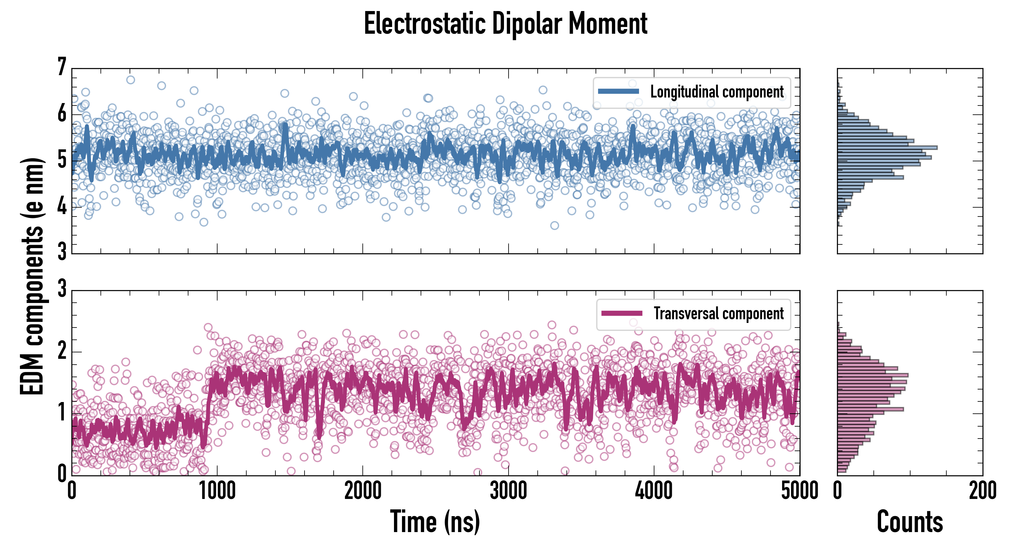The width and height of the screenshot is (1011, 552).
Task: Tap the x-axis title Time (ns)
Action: [435, 522]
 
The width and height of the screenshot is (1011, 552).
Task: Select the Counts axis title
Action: [910, 522]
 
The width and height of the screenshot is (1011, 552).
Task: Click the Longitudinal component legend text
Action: [717, 92]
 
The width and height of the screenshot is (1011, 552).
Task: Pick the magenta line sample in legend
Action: [622, 313]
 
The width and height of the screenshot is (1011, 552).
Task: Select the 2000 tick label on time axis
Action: [363, 491]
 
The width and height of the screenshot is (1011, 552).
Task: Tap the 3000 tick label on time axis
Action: [509, 491]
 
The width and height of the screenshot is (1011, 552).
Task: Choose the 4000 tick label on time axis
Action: [654, 491]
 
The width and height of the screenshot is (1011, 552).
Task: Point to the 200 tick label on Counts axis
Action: [982, 491]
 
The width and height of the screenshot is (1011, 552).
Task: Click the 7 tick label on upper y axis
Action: [62, 67]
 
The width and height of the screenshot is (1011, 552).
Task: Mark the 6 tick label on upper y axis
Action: [62, 114]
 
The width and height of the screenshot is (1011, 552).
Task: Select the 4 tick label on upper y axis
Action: [62, 207]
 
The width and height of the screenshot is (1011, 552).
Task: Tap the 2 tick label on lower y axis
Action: [62, 351]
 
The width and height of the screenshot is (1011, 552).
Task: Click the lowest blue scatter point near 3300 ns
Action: [555, 225]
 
